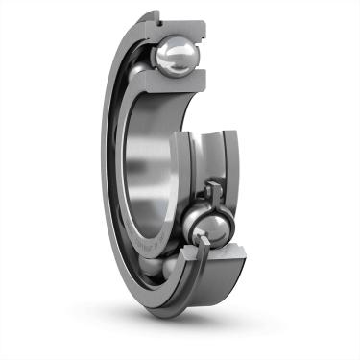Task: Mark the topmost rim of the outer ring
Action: [x=154, y=12]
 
